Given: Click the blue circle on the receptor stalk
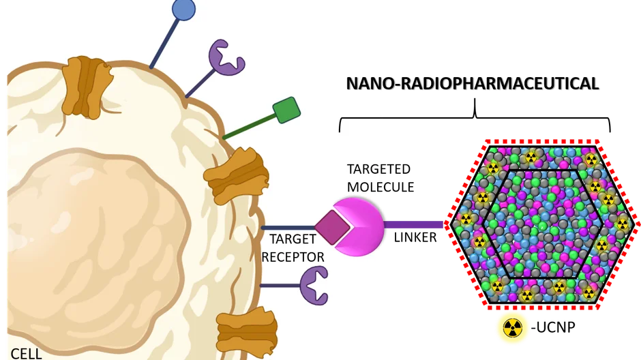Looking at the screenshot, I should [183, 9].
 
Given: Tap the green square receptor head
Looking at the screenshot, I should [286, 110].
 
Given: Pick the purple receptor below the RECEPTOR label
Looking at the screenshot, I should [314, 285].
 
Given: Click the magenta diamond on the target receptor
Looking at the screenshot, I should [332, 227].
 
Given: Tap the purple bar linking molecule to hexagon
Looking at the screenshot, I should [416, 224].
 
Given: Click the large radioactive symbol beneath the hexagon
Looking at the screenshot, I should [512, 329].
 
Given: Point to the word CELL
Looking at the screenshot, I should [26, 353].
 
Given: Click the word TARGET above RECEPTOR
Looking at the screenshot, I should [293, 239].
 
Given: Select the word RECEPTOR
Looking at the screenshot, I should [293, 256].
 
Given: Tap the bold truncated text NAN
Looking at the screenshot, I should [366, 84].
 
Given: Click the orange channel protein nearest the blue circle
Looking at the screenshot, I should [87, 86].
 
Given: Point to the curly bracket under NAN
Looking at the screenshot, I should [361, 123].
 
